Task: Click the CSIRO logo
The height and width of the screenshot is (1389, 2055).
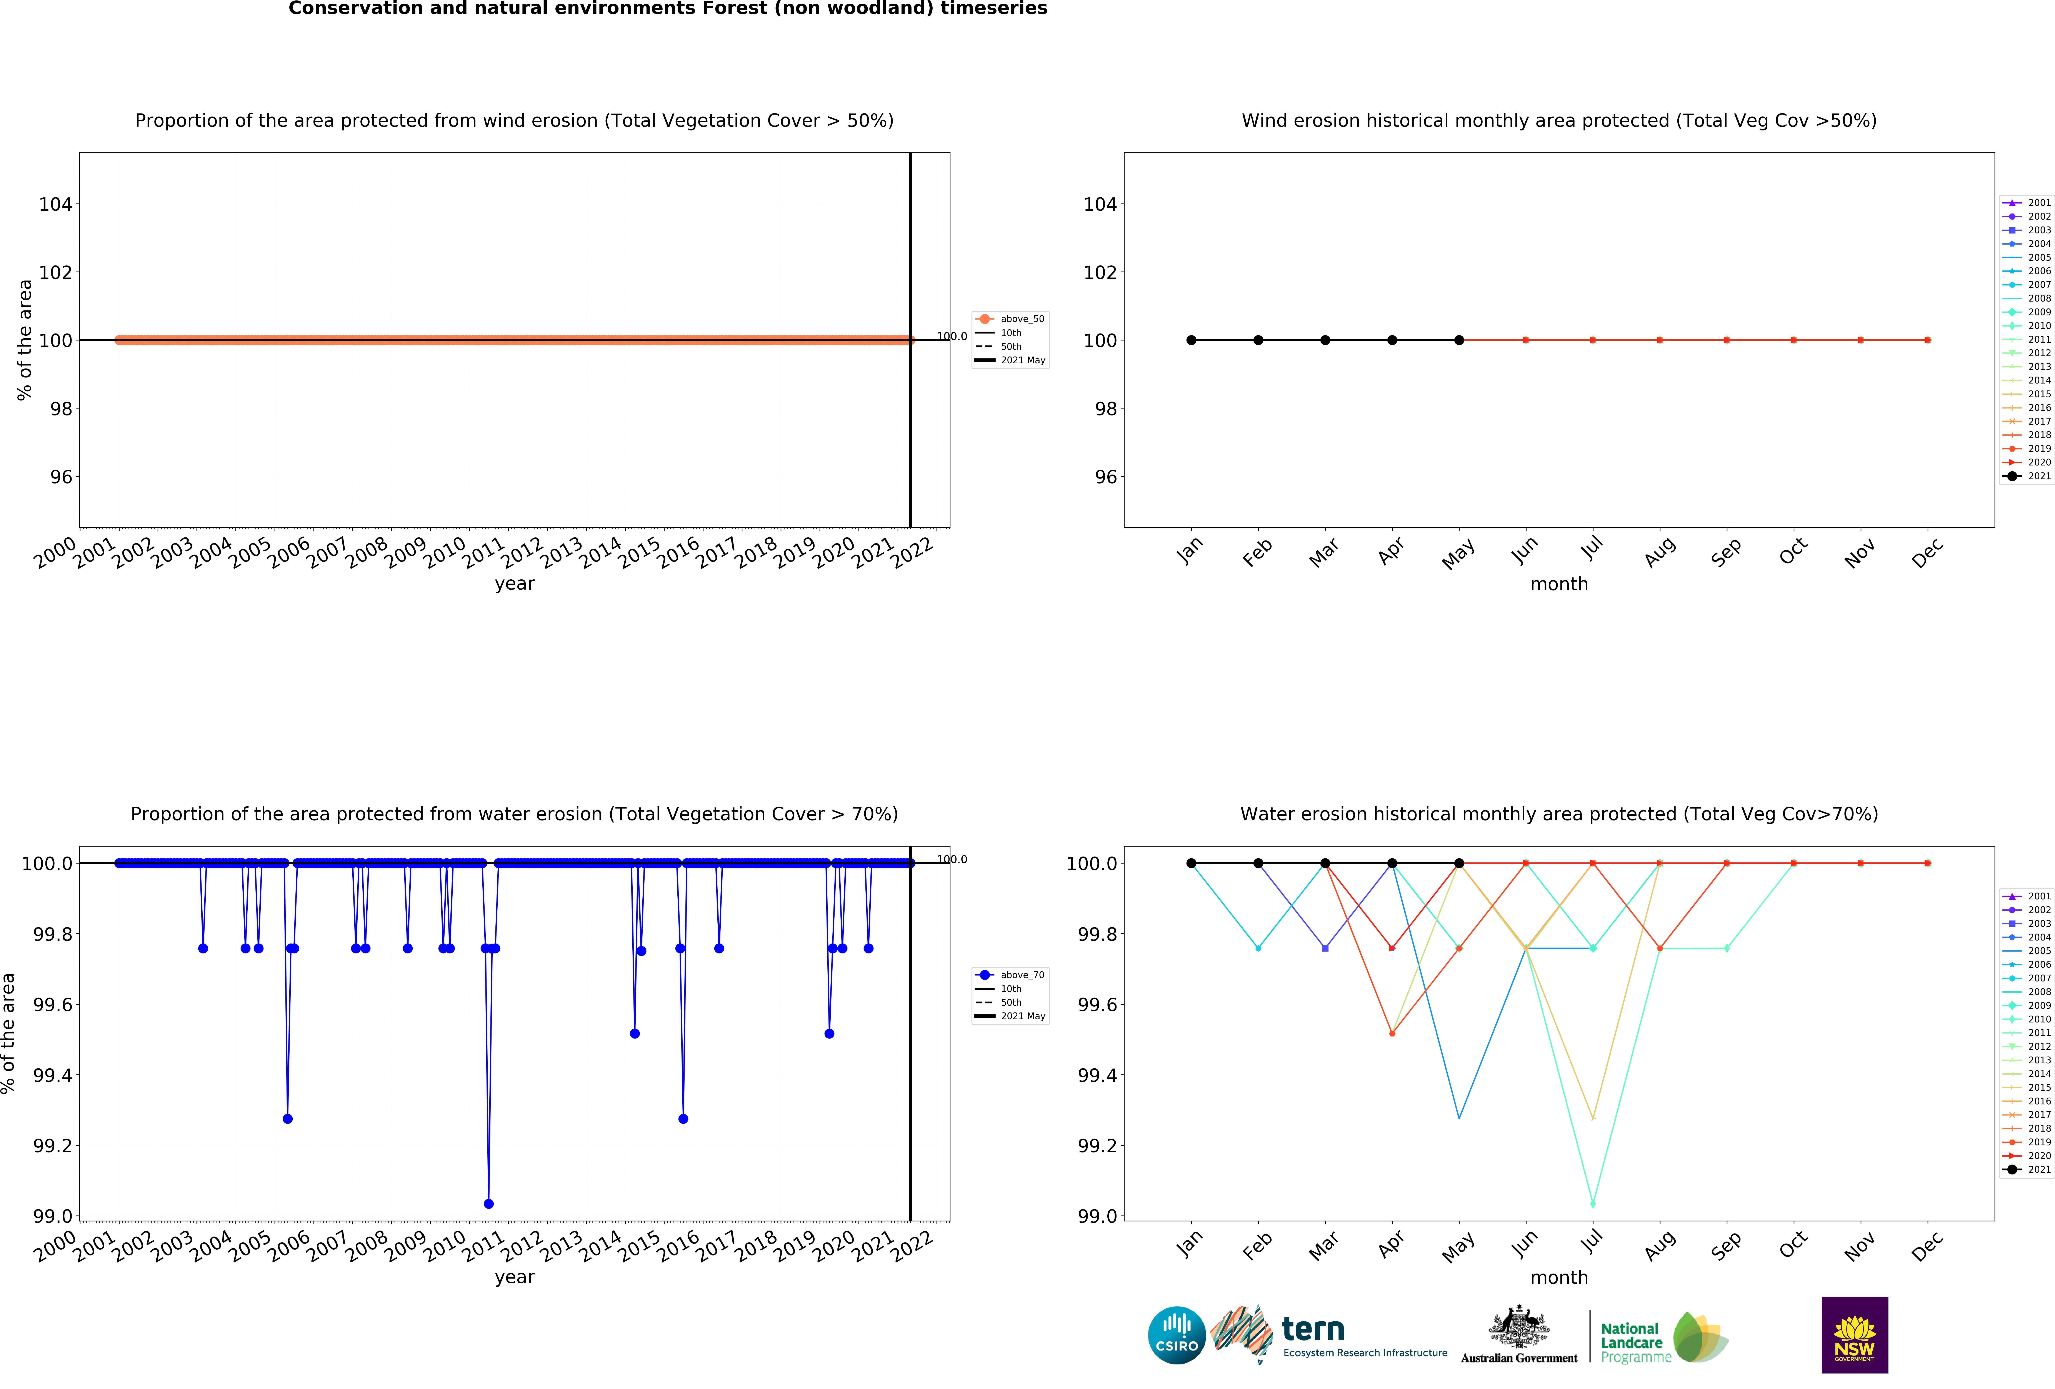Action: point(1176,1335)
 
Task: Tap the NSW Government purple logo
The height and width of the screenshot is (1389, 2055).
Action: point(1854,1335)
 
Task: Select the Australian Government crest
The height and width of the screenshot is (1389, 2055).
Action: point(1519,1326)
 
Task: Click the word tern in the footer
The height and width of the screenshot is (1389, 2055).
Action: point(1313,1329)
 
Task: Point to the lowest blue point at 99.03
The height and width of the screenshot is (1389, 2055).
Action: point(489,1203)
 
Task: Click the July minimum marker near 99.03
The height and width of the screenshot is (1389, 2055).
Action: point(1593,1203)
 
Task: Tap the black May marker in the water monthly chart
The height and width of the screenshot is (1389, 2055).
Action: point(1459,863)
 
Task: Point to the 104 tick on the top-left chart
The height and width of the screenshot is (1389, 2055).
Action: point(55,204)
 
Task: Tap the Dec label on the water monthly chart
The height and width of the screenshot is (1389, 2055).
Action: point(1928,1245)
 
